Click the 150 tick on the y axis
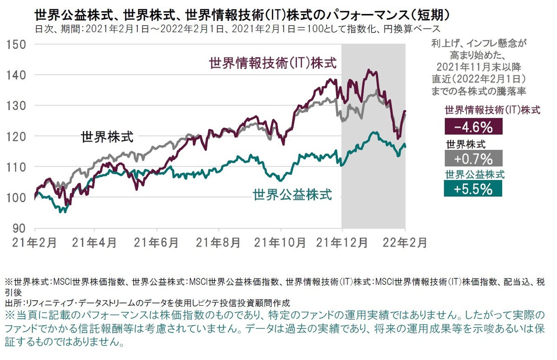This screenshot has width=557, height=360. tap(17, 45)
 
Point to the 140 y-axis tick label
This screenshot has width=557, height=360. tap(17, 75)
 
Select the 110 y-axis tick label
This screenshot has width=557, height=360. tap(17, 167)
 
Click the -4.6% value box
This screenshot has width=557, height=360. tap(473, 127)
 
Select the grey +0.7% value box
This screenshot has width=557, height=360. tap(473, 159)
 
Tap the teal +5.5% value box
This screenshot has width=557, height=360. tap(473, 188)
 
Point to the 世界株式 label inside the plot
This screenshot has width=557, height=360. tap(107, 137)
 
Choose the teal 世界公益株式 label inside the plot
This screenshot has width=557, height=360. tap(292, 195)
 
